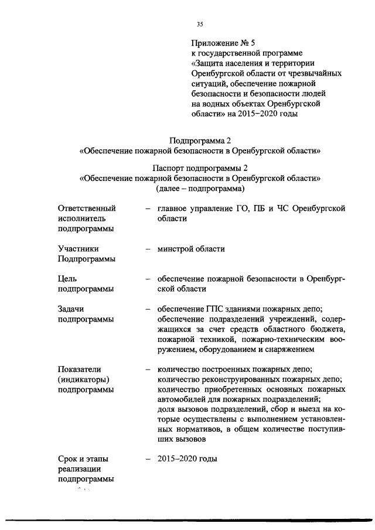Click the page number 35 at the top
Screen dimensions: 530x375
(200, 24)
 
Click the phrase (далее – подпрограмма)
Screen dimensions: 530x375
(200, 189)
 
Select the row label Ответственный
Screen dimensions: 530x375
(87, 208)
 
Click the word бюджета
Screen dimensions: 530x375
(325, 330)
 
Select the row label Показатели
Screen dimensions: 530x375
(80, 370)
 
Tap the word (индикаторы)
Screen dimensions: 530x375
(84, 379)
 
